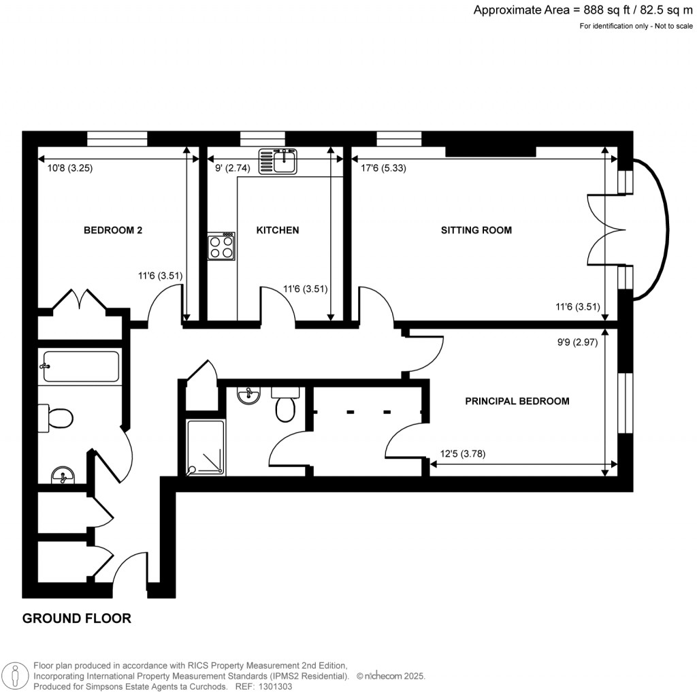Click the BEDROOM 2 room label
click(x=112, y=230)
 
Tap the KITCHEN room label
click(x=277, y=230)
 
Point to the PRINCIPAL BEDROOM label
click(x=517, y=401)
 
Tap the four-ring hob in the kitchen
click(x=222, y=246)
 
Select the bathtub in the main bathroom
click(x=80, y=366)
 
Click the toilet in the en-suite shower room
click(x=285, y=406)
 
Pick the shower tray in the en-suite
click(x=205, y=447)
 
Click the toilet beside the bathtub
click(x=56, y=417)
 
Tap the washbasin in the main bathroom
click(x=63, y=474)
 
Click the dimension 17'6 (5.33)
click(x=378, y=169)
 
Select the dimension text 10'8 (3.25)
click(x=65, y=169)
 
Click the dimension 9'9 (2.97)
click(x=577, y=343)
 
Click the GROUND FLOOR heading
click(x=76, y=619)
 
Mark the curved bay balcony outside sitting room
click(x=653, y=230)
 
